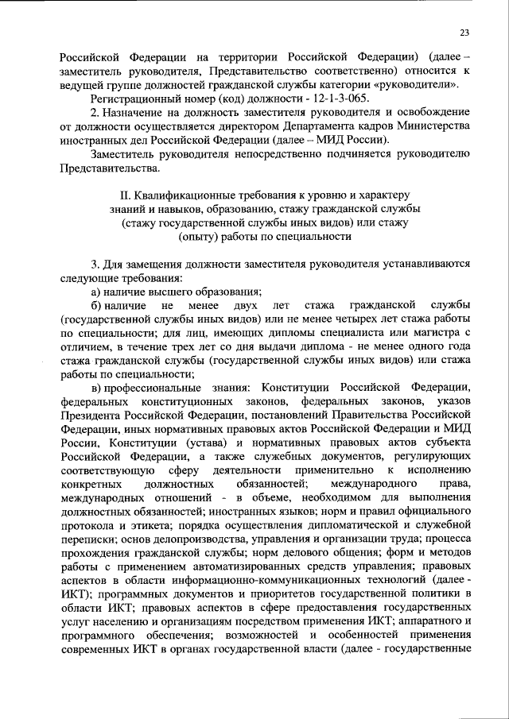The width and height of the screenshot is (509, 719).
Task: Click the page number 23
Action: pos(464,31)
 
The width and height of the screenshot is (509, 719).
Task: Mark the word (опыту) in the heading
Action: pos(202,237)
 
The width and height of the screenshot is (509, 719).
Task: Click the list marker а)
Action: pos(96,292)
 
